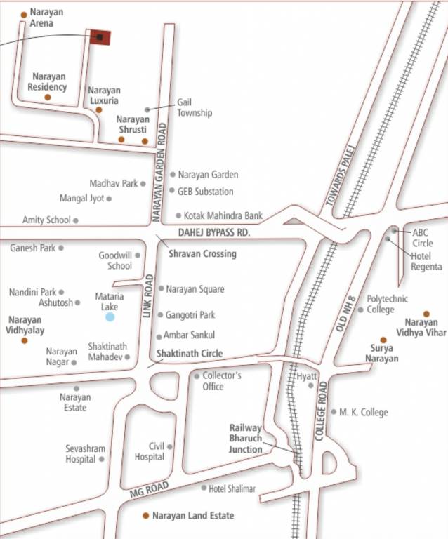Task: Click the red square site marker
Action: [x=100, y=37]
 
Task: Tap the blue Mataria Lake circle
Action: [x=110, y=317]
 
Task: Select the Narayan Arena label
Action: [x=46, y=18]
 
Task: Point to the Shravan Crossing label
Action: [x=202, y=253]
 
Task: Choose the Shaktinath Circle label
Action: [x=190, y=353]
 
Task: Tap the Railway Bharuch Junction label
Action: [x=246, y=439]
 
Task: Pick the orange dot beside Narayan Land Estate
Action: [x=146, y=515]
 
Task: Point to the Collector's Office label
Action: [x=223, y=381]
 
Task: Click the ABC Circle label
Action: [x=423, y=237]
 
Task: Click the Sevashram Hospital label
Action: [x=81, y=453]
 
